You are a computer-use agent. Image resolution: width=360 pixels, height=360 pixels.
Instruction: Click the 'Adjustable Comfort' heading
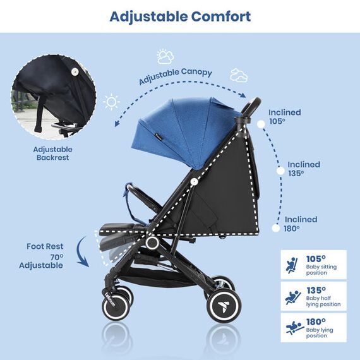180,16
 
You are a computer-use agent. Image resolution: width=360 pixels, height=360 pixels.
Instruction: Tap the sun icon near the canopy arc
112,101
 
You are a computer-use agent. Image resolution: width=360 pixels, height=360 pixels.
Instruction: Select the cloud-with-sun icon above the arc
166,57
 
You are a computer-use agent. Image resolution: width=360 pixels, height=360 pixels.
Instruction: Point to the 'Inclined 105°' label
285,117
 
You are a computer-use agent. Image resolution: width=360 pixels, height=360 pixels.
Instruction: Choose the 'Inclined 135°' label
304,169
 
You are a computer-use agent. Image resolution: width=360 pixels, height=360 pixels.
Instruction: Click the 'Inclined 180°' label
301,224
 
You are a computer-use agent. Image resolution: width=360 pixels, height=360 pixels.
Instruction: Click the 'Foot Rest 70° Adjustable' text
45,256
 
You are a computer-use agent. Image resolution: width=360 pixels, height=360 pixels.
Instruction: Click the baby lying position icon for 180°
291,328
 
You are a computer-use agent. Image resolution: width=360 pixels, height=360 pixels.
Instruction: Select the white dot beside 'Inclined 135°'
279,170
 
